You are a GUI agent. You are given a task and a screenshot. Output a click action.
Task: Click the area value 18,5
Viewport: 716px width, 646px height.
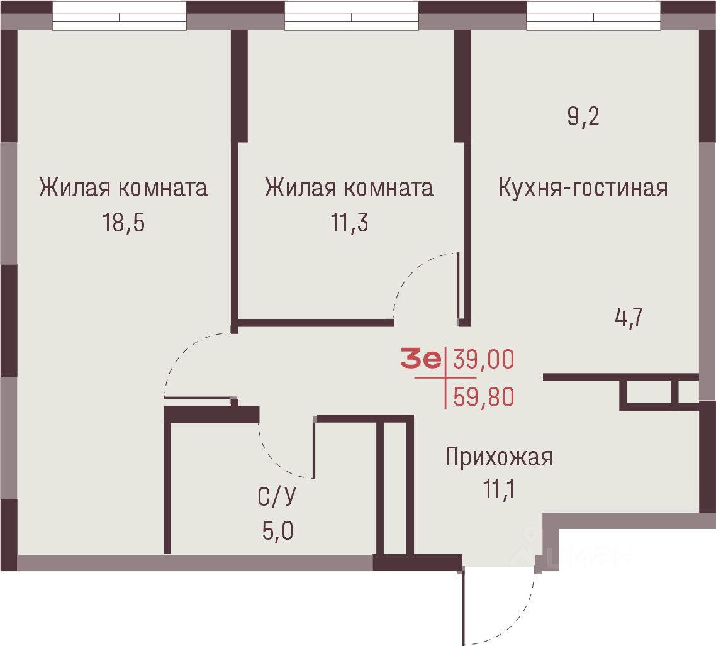click(124, 223)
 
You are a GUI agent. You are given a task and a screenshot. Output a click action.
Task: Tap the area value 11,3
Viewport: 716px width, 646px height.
click(349, 223)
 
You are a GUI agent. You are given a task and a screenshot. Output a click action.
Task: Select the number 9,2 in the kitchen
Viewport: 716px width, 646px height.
click(583, 117)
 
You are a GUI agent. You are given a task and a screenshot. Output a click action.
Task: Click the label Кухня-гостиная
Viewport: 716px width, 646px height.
click(583, 188)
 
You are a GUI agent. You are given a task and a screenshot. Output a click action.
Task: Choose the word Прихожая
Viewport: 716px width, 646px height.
click(498, 457)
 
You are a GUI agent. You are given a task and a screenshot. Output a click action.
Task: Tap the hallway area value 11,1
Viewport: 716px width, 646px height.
click(498, 489)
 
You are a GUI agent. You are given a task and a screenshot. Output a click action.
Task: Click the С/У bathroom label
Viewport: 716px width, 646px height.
click(277, 498)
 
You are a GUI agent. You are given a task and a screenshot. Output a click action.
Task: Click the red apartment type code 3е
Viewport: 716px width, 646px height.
click(421, 360)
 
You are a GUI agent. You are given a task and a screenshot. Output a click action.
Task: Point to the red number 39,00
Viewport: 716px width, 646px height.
click(483, 360)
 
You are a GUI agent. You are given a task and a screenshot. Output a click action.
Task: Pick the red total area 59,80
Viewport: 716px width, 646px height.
click(483, 397)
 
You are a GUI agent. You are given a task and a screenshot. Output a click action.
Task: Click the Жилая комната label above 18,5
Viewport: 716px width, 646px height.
click(123, 188)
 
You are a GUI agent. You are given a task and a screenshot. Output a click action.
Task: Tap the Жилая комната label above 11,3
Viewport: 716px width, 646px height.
click(349, 188)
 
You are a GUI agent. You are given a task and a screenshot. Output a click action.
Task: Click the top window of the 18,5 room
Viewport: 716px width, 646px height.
click(119, 16)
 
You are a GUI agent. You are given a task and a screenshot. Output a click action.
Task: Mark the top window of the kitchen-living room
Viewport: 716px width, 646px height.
click(593, 16)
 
